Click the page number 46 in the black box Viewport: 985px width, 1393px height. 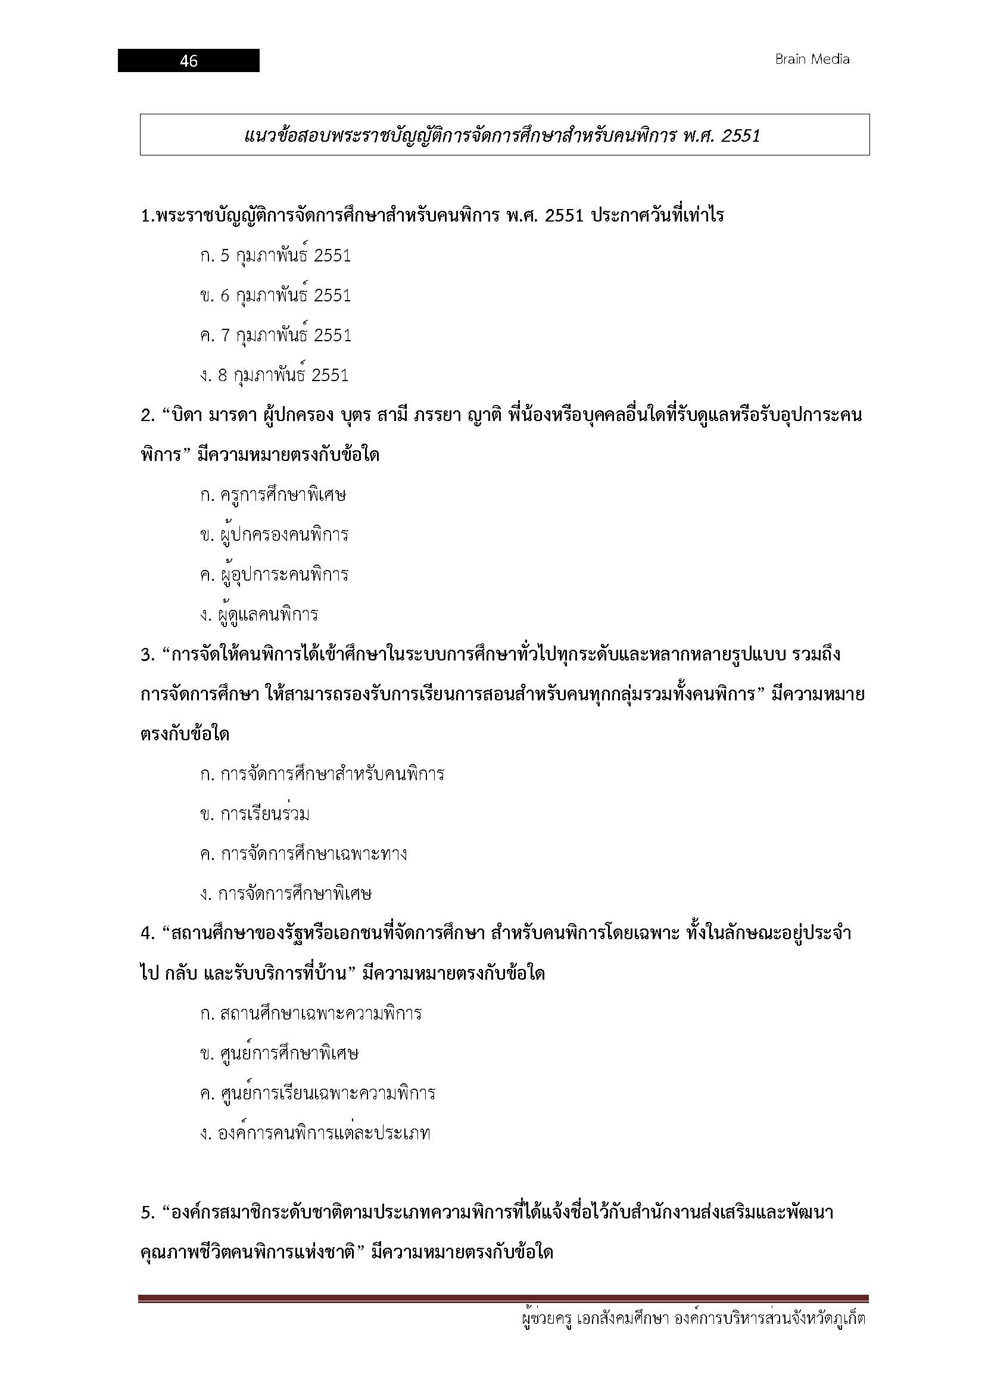coord(189,61)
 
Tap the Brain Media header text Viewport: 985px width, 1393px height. coord(812,60)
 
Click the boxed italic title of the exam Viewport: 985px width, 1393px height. coord(503,135)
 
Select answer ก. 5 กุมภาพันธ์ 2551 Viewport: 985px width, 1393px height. coord(275,255)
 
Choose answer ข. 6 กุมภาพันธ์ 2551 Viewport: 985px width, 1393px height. coord(275,295)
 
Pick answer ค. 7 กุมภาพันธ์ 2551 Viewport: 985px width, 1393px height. coord(275,335)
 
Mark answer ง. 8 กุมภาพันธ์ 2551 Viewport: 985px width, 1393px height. coord(274,375)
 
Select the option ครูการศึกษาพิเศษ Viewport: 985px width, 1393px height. coord(273,494)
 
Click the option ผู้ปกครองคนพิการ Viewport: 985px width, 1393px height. coord(274,534)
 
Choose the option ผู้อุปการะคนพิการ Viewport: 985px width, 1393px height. coord(274,575)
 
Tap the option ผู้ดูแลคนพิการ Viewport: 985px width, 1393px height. coord(259,615)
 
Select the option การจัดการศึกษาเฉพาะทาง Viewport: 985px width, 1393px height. coord(303,854)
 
